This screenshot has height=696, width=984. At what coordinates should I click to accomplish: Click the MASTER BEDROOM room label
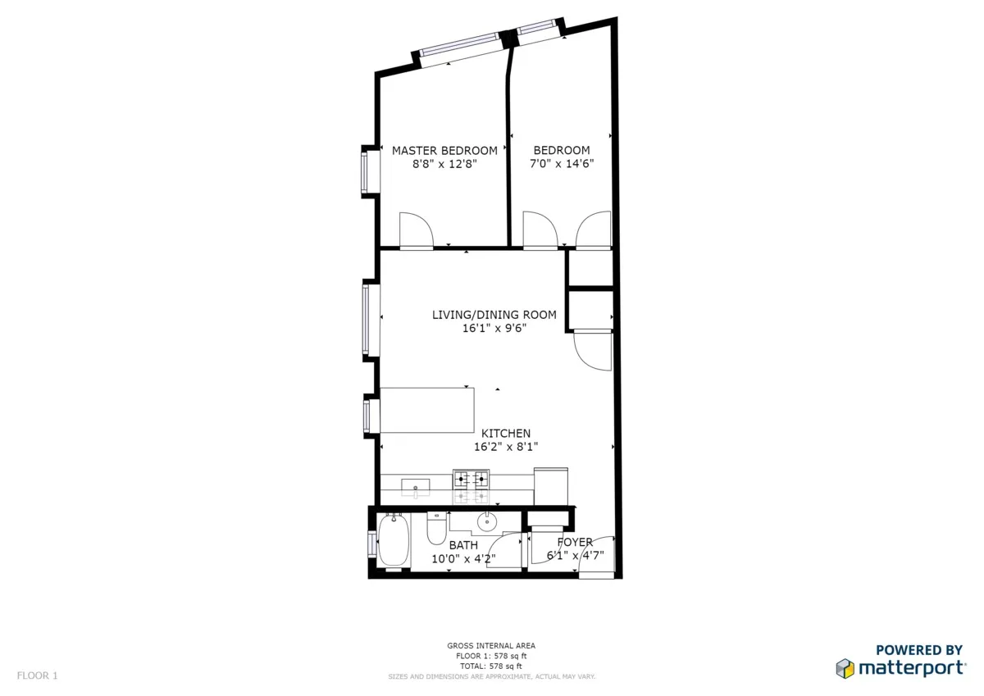(x=444, y=150)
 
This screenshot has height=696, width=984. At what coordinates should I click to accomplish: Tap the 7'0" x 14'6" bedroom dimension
(x=562, y=163)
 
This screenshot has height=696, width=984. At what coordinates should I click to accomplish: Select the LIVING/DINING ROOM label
(x=494, y=315)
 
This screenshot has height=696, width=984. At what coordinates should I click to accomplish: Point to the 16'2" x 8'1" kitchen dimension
(x=505, y=447)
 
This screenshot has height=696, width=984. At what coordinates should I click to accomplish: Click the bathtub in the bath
(x=393, y=540)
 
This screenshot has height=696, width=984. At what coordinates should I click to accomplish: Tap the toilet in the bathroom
(x=436, y=530)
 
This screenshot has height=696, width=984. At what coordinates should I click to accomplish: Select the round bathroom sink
(x=487, y=520)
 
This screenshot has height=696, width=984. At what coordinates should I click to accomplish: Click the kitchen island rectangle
(x=428, y=410)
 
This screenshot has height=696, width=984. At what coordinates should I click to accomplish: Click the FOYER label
(x=575, y=542)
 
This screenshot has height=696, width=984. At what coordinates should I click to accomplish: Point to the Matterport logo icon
(x=845, y=668)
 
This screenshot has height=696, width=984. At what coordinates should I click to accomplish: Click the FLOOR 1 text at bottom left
(x=38, y=676)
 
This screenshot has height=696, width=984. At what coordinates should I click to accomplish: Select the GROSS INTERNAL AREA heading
(x=491, y=646)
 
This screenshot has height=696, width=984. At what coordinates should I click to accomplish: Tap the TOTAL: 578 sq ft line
(x=491, y=666)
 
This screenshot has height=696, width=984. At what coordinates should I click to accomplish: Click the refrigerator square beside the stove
(x=550, y=485)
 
